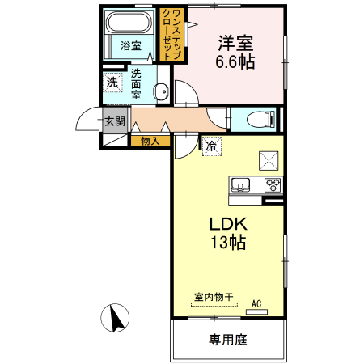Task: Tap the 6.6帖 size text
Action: tap(235, 62)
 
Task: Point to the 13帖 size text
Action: tap(228, 242)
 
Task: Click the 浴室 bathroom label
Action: tap(131, 45)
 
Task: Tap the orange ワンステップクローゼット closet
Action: tap(171, 33)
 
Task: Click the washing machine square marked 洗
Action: tap(112, 82)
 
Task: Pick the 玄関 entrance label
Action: tap(114, 122)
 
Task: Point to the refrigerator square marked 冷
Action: tap(211, 146)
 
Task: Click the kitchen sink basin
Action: tap(240, 185)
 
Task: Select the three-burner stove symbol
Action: tap(273, 185)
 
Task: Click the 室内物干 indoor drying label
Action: tap(213, 297)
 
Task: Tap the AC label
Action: tap(257, 303)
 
